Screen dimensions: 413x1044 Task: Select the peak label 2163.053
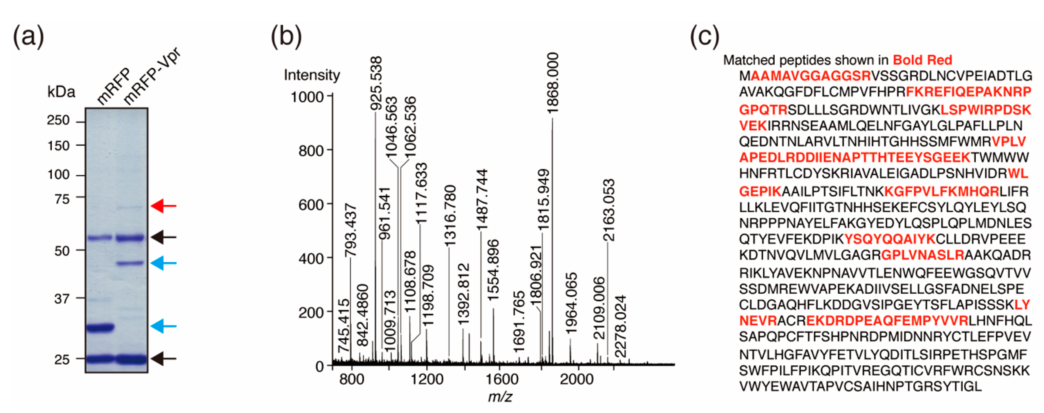click(x=608, y=210)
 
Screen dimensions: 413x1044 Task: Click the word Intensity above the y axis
click(x=312, y=75)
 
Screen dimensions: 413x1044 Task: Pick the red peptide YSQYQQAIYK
click(x=889, y=239)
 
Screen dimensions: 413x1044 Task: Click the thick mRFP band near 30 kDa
click(x=100, y=327)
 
